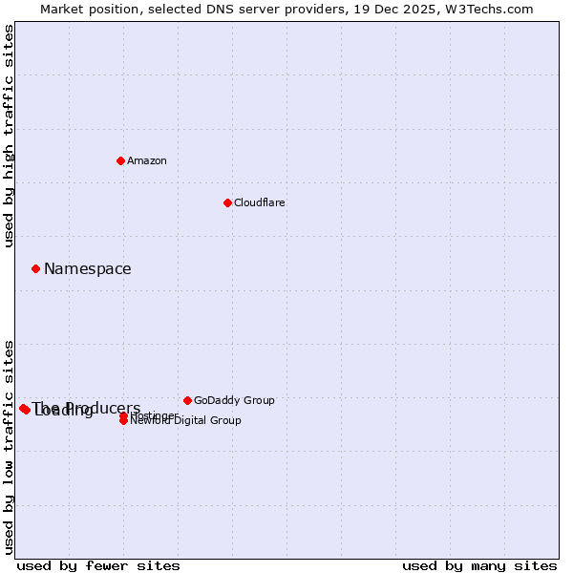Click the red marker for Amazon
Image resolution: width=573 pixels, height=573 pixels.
point(120,160)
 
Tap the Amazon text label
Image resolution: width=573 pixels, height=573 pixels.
point(147,160)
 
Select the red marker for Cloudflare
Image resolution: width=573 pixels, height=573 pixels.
point(227,202)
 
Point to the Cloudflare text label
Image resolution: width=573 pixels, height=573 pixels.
point(260,202)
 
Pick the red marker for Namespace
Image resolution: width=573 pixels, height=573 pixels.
point(35,268)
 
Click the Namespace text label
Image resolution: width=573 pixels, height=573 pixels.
point(88,269)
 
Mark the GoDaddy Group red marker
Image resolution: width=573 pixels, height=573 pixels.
point(187,400)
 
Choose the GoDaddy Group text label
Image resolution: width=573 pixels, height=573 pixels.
point(234,400)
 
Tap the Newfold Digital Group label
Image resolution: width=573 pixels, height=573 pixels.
point(186,421)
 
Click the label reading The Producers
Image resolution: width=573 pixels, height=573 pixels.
point(86,407)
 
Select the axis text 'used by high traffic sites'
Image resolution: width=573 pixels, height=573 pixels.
point(10,136)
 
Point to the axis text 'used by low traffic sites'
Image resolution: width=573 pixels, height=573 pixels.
point(10,447)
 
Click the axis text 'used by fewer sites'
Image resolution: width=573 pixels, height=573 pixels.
point(98,565)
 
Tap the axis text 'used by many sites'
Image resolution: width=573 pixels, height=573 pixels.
point(479,565)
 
